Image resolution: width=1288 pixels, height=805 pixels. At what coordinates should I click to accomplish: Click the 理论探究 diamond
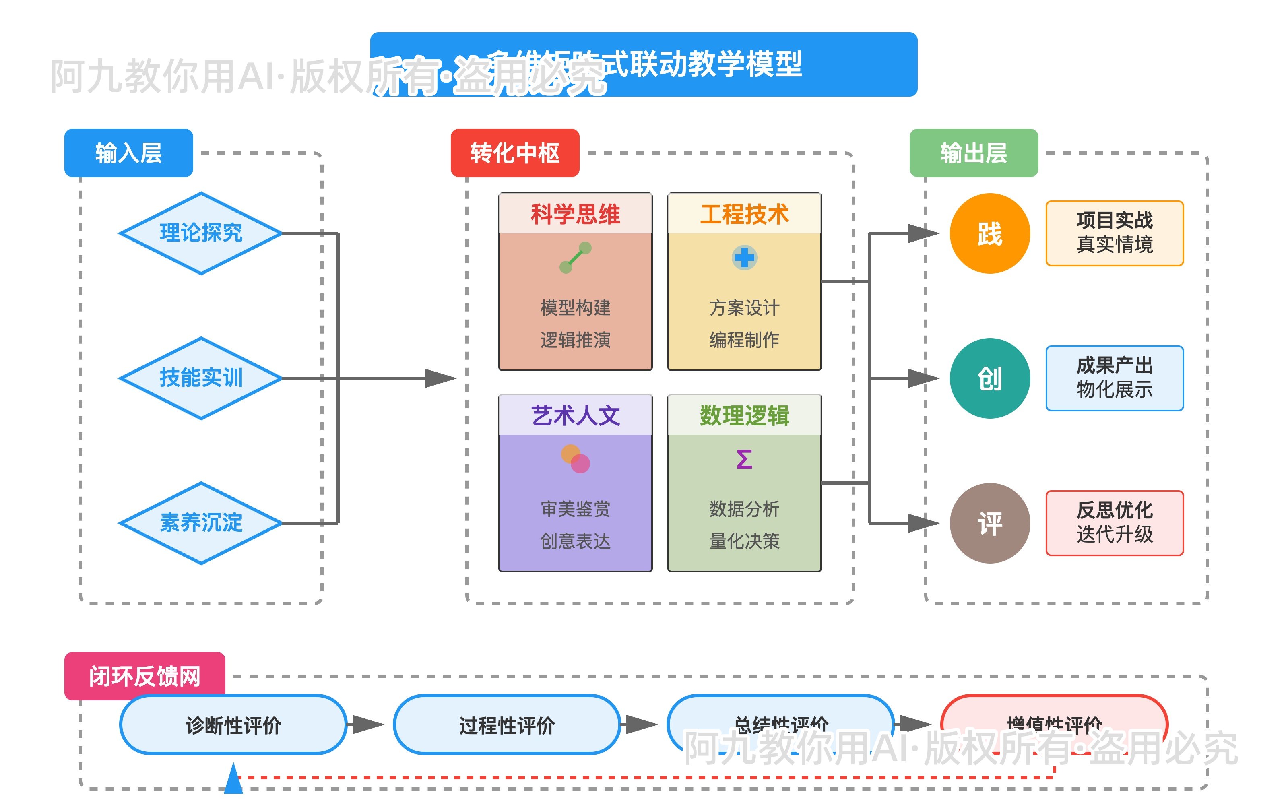point(201,233)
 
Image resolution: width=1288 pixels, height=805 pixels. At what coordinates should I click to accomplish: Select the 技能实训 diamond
point(201,378)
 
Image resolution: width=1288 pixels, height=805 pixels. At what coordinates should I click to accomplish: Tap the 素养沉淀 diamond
point(201,523)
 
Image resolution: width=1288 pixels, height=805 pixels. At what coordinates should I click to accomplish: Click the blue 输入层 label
point(128,153)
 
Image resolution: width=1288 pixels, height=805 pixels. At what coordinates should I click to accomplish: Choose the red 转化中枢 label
point(515,153)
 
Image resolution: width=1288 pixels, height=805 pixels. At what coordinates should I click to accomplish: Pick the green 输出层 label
point(974,153)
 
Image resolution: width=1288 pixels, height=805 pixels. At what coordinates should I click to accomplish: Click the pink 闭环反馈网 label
point(144,676)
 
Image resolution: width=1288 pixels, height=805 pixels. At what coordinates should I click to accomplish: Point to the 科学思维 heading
point(575,214)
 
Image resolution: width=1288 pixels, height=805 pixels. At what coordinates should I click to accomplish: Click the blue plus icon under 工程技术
point(744,258)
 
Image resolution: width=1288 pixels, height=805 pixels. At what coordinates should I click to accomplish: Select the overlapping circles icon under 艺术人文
point(575,459)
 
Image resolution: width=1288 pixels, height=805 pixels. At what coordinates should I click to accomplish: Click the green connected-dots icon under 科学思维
point(575,258)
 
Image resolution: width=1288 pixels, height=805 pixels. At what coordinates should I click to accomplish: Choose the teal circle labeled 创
point(989,378)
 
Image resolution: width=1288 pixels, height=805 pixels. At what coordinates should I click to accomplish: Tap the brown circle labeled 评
point(989,523)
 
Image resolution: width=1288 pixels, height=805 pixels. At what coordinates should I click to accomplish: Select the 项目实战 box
point(1115,233)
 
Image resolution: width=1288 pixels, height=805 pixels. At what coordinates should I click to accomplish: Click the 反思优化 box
point(1115,523)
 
